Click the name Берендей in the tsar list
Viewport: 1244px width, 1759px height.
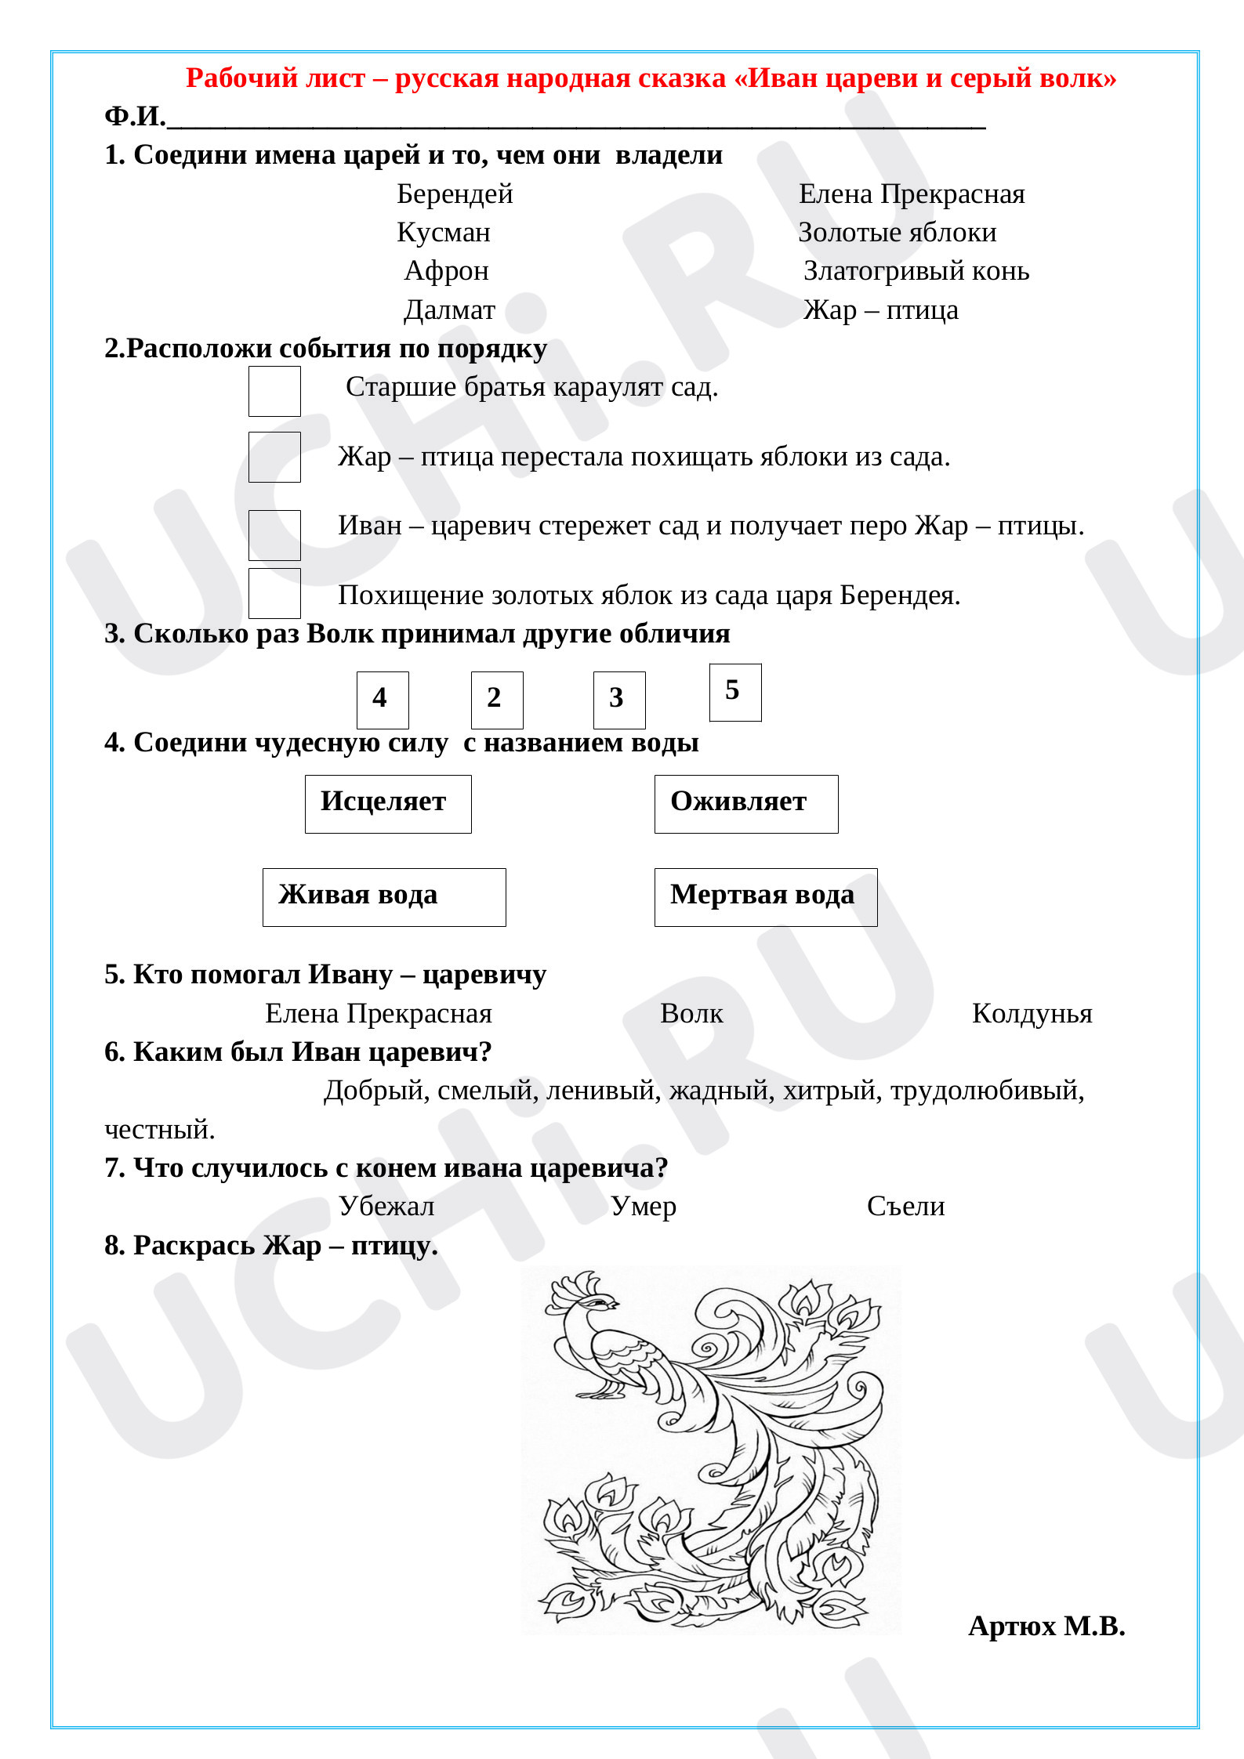pyautogui.click(x=455, y=194)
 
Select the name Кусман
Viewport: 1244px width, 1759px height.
pyautogui.click(x=444, y=233)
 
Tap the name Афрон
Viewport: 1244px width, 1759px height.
pyautogui.click(x=446, y=271)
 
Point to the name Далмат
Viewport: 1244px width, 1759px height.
pyautogui.click(x=449, y=310)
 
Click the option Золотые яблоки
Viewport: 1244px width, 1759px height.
pyautogui.click(x=897, y=233)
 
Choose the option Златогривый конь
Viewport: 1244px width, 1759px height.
pyautogui.click(x=916, y=271)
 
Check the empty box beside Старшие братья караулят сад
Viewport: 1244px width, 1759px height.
pyautogui.click(x=274, y=391)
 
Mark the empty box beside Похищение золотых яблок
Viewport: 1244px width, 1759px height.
pyautogui.click(x=274, y=593)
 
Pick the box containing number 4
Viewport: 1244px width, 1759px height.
pyautogui.click(x=383, y=700)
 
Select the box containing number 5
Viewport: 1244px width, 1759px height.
pyautogui.click(x=734, y=692)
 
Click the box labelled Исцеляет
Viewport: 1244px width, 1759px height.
pyautogui.click(x=388, y=804)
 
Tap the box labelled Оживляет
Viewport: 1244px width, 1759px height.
pyautogui.click(x=745, y=804)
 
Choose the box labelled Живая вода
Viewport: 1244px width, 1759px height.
pyautogui.click(x=384, y=897)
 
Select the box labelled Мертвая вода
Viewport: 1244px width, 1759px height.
pyautogui.click(x=765, y=897)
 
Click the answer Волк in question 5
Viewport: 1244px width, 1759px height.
pyautogui.click(x=691, y=1014)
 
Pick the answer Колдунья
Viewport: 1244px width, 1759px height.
pyautogui.click(x=1032, y=1014)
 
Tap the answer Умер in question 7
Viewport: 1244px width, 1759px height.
pyautogui.click(x=643, y=1207)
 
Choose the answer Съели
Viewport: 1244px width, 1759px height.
pyautogui.click(x=905, y=1207)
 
